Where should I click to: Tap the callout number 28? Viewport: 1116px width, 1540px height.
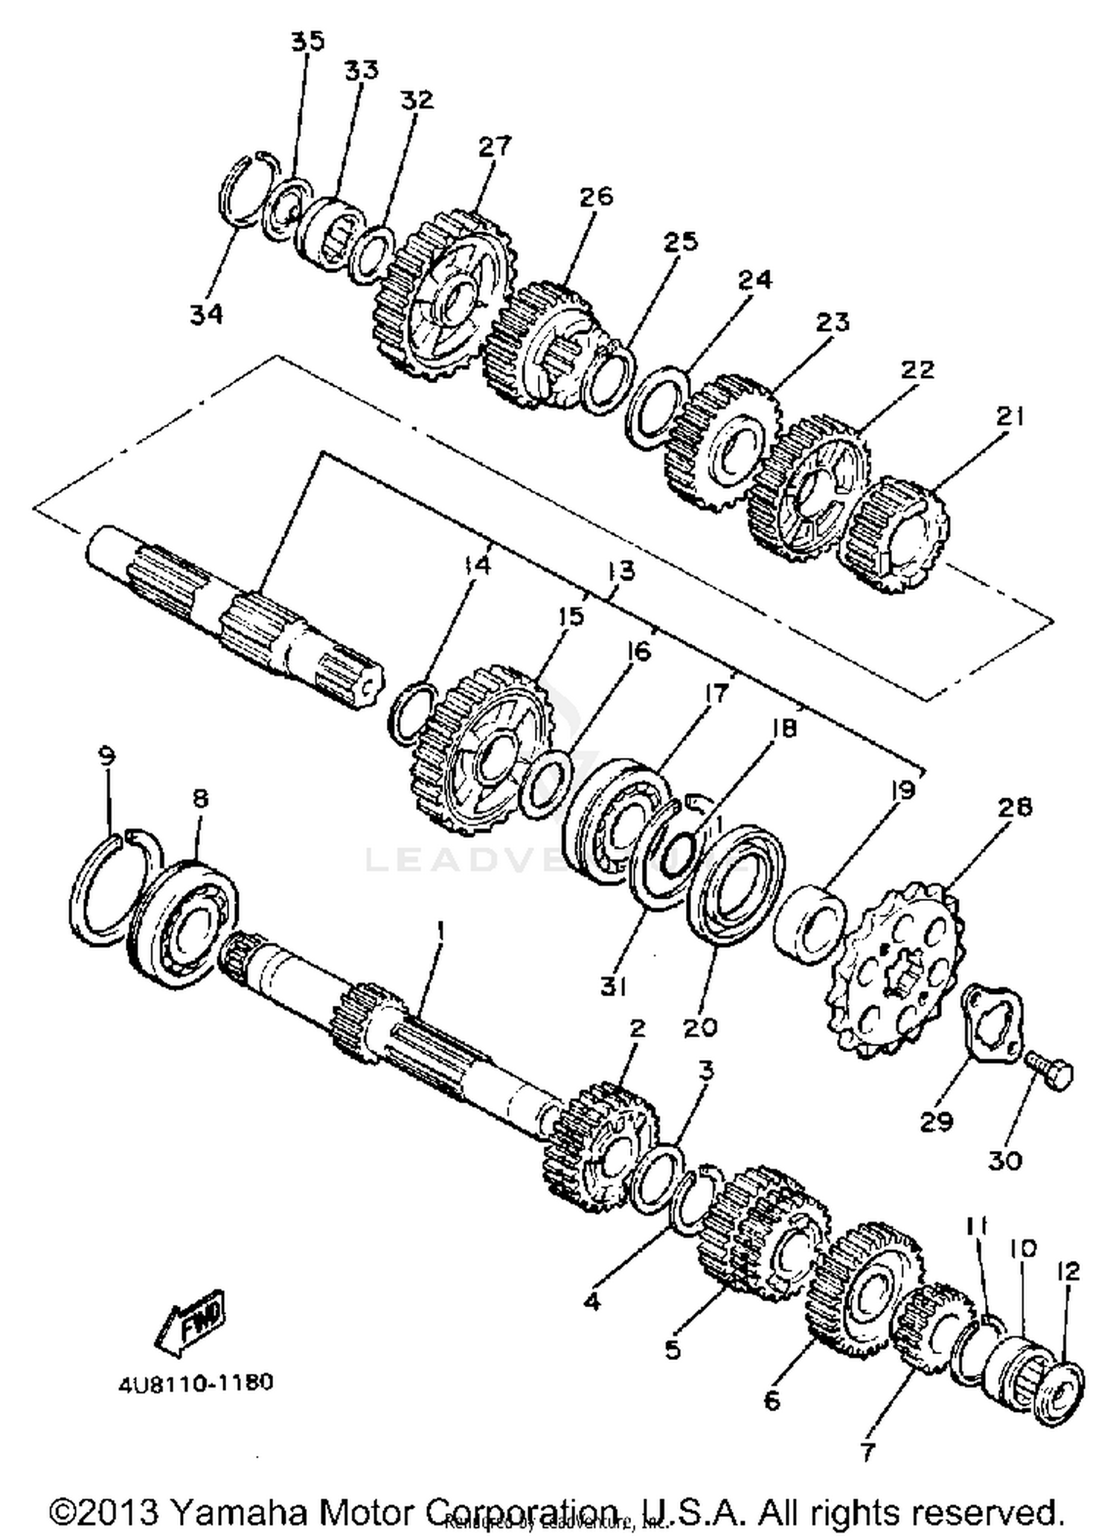(1016, 806)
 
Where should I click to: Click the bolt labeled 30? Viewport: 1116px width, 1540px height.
(1050, 1072)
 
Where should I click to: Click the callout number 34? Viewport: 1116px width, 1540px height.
(206, 315)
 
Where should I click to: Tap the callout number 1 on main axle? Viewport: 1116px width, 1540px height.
(440, 930)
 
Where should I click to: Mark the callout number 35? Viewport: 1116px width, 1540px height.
(307, 41)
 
